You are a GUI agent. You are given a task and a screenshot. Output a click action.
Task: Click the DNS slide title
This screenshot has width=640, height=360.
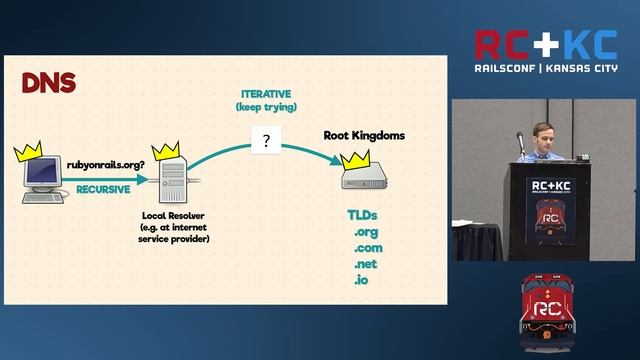click(x=48, y=83)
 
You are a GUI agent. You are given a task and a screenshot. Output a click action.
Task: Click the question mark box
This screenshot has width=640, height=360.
click(x=265, y=141)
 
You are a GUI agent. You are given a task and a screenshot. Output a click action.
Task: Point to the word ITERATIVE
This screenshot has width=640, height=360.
click(x=266, y=93)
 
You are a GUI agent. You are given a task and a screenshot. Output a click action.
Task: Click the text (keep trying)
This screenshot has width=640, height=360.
click(x=266, y=106)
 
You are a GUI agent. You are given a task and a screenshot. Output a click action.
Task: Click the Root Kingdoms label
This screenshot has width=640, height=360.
click(x=364, y=135)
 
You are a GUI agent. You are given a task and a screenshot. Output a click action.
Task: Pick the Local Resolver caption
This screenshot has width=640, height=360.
click(x=168, y=214)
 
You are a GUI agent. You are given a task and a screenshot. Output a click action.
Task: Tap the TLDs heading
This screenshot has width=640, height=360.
click(x=362, y=215)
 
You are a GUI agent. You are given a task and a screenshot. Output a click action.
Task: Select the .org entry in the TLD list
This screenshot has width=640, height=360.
click(x=366, y=232)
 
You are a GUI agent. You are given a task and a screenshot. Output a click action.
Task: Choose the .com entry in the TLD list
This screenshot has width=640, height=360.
click(x=368, y=248)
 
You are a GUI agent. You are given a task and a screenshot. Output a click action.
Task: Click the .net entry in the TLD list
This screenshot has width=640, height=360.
click(x=366, y=264)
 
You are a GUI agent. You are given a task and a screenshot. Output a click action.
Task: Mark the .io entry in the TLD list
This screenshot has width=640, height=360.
click(x=361, y=280)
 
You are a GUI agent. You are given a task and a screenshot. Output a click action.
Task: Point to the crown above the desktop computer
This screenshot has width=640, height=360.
click(x=30, y=154)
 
